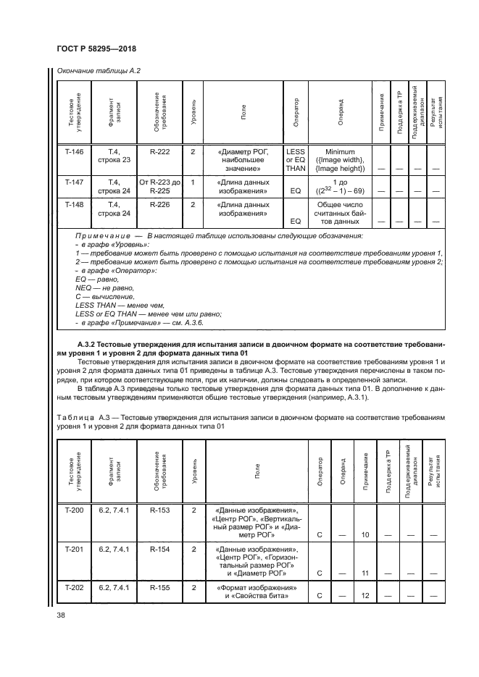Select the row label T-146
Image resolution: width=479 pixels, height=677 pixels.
coord(75,151)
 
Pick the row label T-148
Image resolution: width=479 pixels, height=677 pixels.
coord(75,205)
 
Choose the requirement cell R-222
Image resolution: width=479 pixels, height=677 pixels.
coord(161,151)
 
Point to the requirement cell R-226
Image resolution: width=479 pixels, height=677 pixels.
coord(161,205)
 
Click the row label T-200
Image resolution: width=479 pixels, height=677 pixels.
coord(75,511)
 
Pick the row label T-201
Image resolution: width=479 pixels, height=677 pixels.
coord(75,550)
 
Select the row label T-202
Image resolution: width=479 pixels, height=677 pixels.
coord(75,587)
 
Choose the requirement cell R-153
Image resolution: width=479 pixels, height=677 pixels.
coord(161,511)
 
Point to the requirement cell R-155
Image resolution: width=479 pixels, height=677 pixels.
coord(161,587)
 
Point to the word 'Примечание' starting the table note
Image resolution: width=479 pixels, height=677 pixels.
coord(101,236)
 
